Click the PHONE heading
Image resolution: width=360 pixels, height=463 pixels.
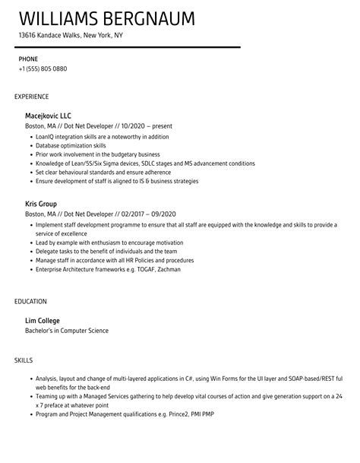pyautogui.click(x=29, y=59)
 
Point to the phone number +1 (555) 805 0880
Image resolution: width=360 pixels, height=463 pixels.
pyautogui.click(x=43, y=69)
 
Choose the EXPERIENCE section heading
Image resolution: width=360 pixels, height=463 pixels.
pyautogui.click(x=32, y=97)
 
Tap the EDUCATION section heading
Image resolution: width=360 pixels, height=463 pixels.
pyautogui.click(x=31, y=301)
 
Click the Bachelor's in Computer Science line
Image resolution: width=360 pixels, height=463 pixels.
pyautogui.click(x=68, y=331)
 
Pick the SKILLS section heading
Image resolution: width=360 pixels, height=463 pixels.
pyautogui.click(x=24, y=360)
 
